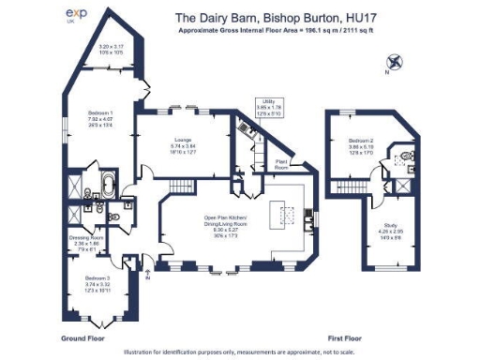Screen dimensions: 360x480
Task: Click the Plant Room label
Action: [280, 164]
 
